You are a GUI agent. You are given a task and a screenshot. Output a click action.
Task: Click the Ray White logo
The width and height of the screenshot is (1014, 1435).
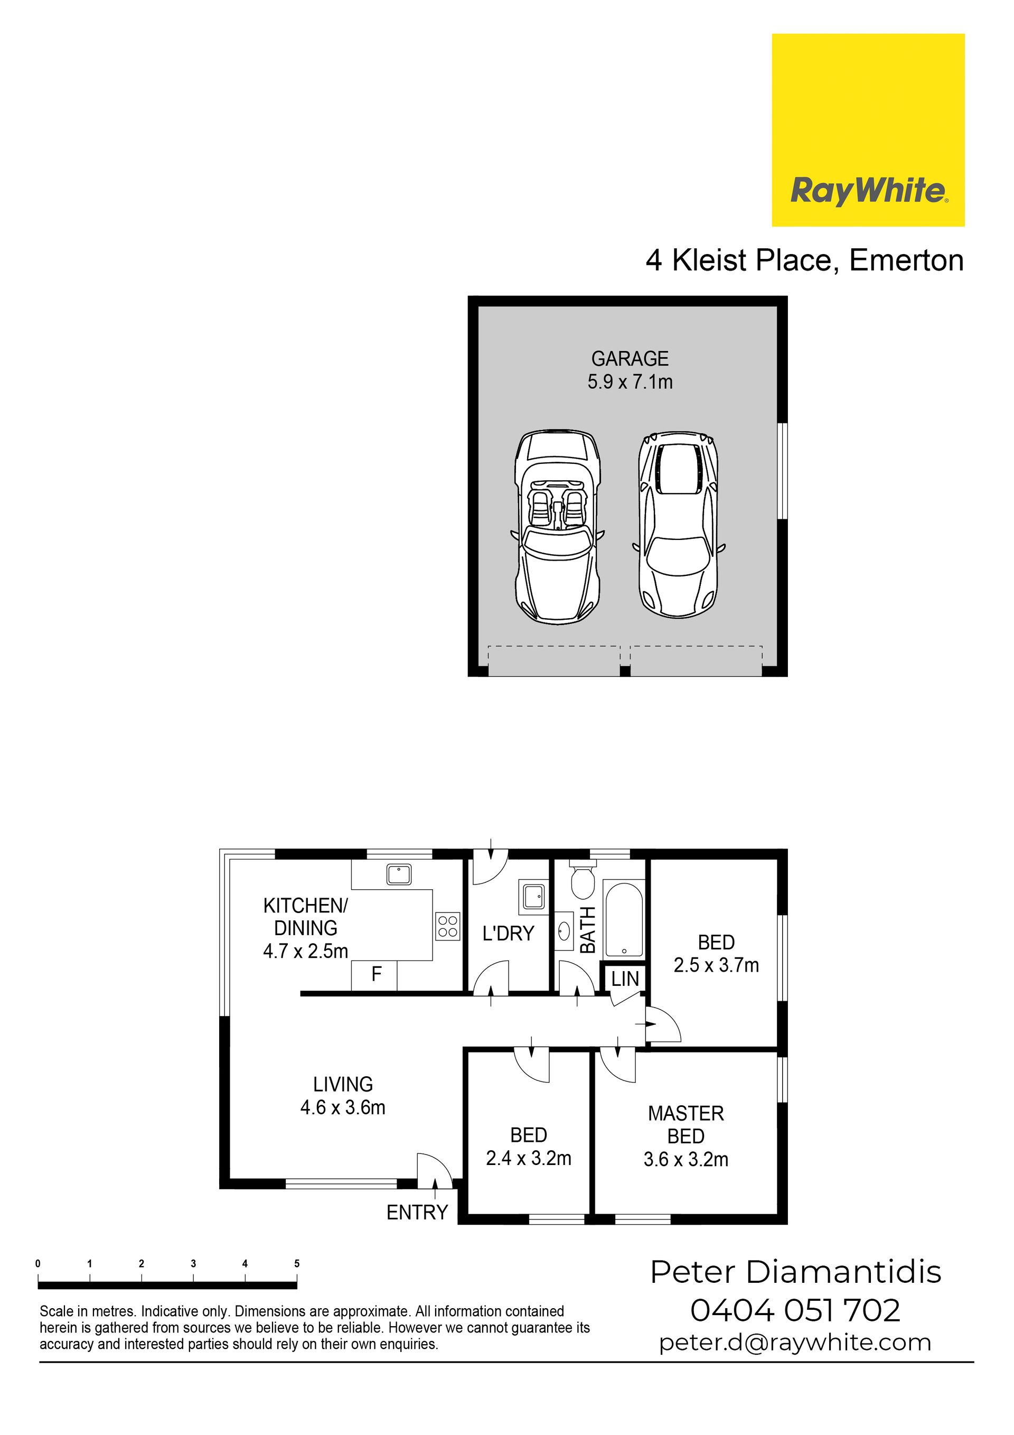pyautogui.click(x=868, y=130)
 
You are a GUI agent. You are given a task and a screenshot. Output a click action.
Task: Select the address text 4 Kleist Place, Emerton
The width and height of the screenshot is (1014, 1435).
pyautogui.click(x=805, y=260)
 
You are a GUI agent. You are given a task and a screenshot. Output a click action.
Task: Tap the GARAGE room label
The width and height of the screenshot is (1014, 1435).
pyautogui.click(x=630, y=359)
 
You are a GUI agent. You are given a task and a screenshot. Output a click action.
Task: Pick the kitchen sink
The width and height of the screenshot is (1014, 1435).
pyautogui.click(x=399, y=874)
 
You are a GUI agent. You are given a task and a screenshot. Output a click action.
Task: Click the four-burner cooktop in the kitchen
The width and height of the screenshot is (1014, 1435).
pyautogui.click(x=448, y=926)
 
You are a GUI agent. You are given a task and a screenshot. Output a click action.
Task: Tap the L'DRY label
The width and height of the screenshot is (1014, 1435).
pyautogui.click(x=508, y=934)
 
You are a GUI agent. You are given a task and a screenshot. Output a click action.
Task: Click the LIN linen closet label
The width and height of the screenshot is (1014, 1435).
pyautogui.click(x=625, y=979)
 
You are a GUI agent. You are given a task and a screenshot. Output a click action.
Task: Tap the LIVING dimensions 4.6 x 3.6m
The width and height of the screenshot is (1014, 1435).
pyautogui.click(x=342, y=1107)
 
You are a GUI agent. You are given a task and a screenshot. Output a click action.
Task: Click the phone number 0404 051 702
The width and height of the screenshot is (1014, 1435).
pyautogui.click(x=795, y=1310)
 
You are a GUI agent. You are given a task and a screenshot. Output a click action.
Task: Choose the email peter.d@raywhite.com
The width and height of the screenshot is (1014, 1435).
pyautogui.click(x=795, y=1343)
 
